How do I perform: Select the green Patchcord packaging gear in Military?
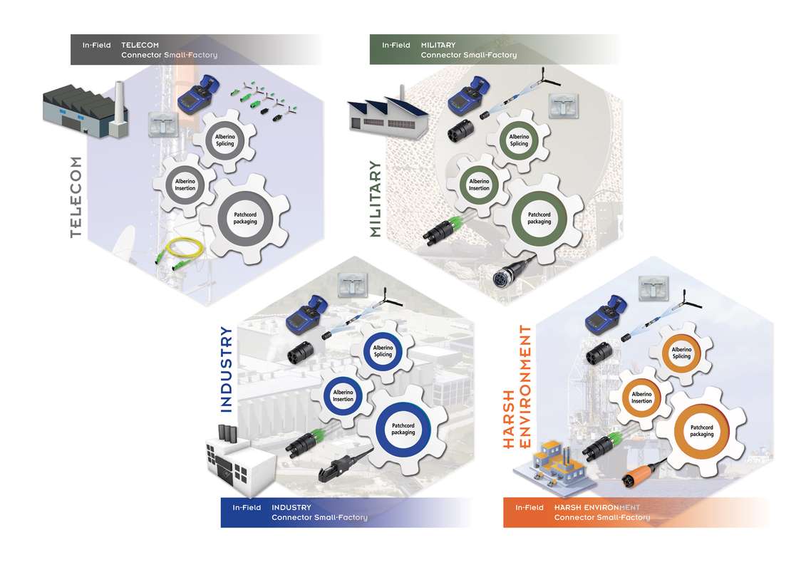[x=539, y=217]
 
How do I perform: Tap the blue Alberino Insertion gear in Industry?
[x=343, y=395]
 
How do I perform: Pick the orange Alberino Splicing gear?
[x=681, y=353]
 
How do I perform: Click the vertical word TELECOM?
[x=76, y=196]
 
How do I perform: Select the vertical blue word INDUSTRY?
[x=226, y=369]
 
